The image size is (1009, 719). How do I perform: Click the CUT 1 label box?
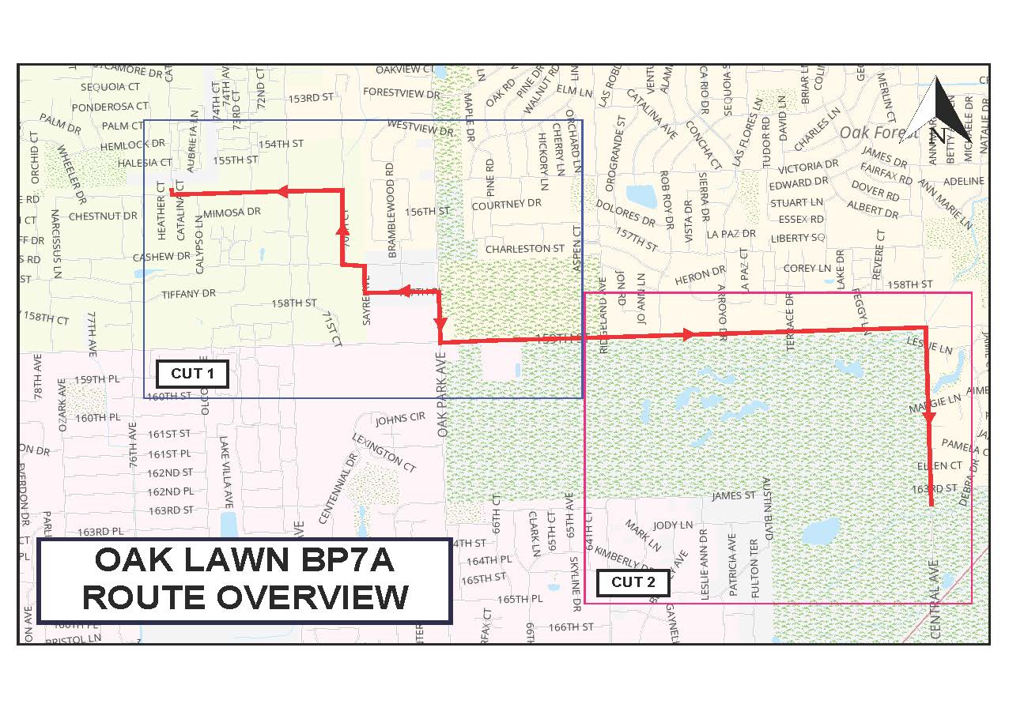pyautogui.click(x=192, y=374)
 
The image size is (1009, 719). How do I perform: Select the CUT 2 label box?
pyautogui.click(x=633, y=583)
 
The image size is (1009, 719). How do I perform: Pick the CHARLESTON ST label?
pyautogui.click(x=525, y=249)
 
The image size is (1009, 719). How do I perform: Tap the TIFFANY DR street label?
pyautogui.click(x=188, y=294)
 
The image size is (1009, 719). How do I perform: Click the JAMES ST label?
pyautogui.click(x=734, y=496)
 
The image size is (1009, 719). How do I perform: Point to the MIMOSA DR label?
pyautogui.click(x=232, y=213)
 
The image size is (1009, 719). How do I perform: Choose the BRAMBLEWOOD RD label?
pyautogui.click(x=390, y=209)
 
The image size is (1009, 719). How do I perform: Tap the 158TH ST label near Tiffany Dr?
pyautogui.click(x=294, y=303)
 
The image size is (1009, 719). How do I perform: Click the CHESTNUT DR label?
pyautogui.click(x=103, y=216)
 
